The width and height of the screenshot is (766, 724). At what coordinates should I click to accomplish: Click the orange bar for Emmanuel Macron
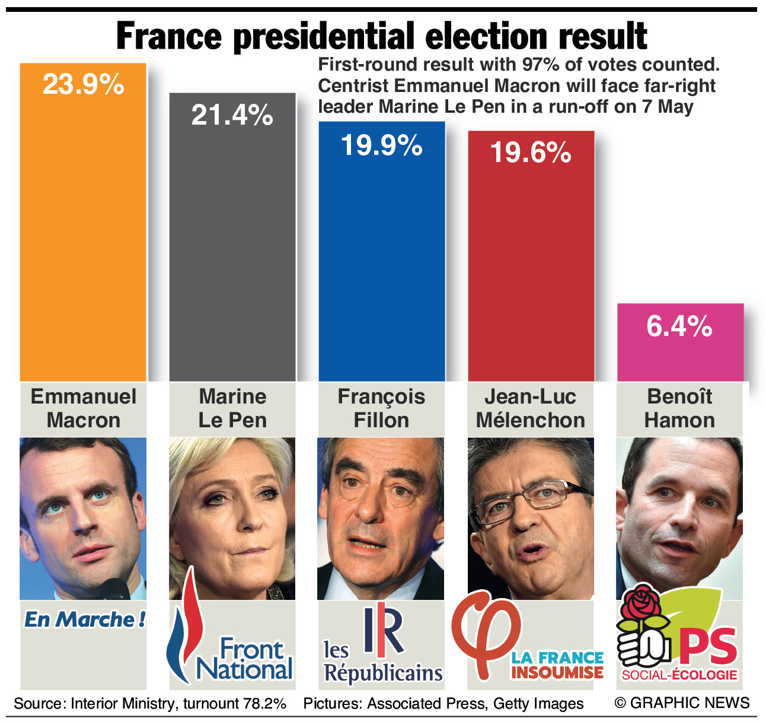point(83,237)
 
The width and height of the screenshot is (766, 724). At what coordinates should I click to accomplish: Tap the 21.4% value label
point(232,115)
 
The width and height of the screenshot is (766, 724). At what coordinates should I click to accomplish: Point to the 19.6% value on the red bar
point(531,153)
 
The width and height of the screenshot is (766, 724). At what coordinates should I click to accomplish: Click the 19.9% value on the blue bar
point(381,145)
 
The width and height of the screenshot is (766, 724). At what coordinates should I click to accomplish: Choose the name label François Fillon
point(381,408)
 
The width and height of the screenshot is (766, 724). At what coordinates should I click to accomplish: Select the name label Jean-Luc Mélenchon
point(531,408)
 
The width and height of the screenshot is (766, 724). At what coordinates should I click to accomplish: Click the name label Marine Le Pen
point(232,408)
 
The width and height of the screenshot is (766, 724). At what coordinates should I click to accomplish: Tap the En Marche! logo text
point(84,620)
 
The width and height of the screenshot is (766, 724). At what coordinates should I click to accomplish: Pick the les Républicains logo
point(383,647)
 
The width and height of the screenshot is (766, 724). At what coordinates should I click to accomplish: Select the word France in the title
point(169,37)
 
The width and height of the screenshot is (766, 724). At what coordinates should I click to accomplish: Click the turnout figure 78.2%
point(264,704)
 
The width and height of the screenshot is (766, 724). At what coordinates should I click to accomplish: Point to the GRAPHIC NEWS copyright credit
point(682,703)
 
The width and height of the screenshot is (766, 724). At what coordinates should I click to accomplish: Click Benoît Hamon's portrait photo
point(679,516)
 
